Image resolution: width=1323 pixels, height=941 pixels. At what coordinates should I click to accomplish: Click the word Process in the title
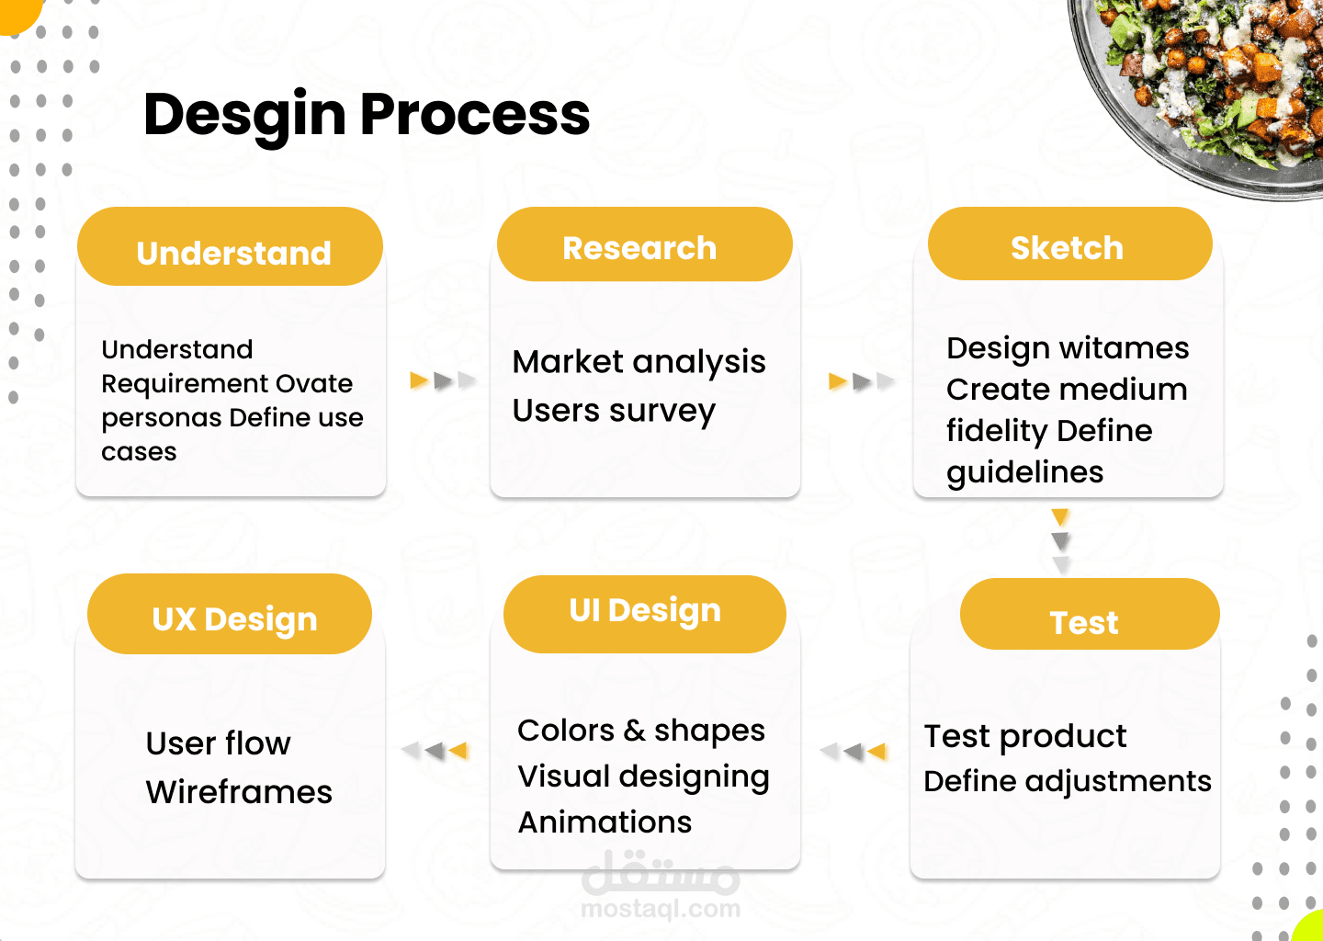475,114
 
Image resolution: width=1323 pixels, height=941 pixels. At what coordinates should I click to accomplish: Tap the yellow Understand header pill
231,246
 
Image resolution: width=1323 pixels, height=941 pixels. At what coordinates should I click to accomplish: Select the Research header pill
644,244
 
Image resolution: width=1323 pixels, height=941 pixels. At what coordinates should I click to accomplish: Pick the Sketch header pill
1070,244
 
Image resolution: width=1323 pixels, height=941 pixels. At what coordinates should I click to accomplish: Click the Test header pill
1090,614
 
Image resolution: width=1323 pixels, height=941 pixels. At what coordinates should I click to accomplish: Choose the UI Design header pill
645,615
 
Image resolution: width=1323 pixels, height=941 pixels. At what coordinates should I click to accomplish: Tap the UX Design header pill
230,614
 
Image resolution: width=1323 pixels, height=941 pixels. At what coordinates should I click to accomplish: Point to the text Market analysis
639,362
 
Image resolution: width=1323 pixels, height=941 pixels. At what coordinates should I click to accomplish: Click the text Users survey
615,411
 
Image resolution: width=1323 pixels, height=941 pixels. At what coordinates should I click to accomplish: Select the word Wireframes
239,791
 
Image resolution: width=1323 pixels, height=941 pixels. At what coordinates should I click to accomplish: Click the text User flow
219,743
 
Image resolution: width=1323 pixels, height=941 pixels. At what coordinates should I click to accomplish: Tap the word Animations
605,822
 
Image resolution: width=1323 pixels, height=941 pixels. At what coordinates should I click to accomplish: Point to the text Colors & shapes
641,731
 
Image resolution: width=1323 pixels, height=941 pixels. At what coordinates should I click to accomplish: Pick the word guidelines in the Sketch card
1024,472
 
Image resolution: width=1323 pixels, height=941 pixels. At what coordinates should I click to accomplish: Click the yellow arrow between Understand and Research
419,380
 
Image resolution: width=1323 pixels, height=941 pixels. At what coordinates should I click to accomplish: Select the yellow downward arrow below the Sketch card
1060,516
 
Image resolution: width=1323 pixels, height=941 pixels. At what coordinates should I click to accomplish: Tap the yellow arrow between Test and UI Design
876,752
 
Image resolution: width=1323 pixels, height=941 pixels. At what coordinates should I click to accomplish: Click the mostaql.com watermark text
661,909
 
